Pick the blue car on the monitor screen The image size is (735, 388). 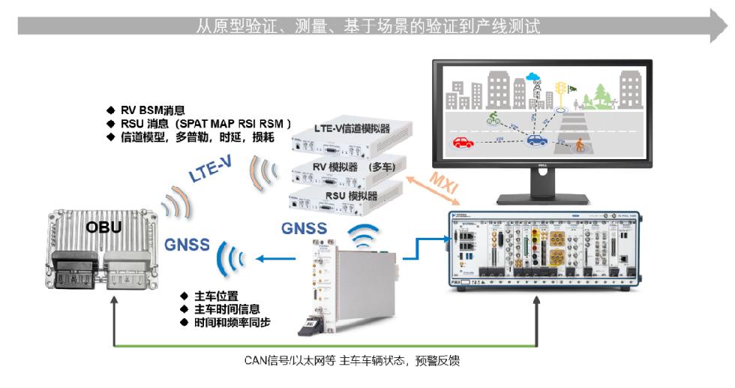point(537,140)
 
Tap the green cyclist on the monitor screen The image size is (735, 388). point(493,118)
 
